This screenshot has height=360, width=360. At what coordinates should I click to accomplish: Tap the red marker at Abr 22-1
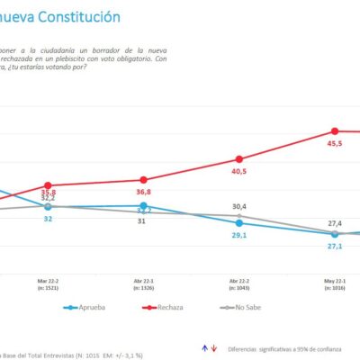click(x=144, y=180)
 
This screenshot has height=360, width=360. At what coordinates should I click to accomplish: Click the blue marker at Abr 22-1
click(x=144, y=206)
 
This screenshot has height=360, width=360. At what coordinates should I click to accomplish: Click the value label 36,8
click(x=144, y=192)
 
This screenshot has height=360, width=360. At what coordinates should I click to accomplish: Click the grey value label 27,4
click(x=335, y=222)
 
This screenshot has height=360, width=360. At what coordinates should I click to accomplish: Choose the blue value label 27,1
click(x=335, y=246)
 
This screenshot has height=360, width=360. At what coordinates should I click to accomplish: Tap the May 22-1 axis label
click(x=335, y=283)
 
